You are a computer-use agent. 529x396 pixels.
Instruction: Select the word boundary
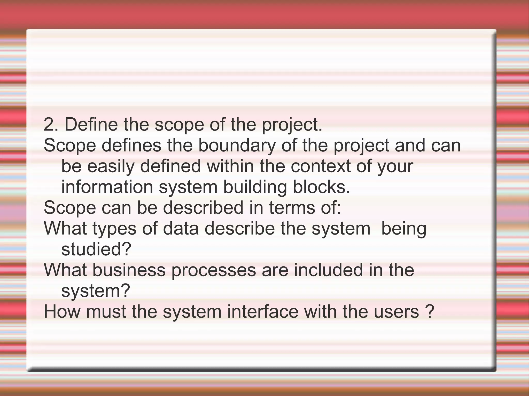coord(237,146)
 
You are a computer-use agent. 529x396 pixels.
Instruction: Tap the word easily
coord(111,166)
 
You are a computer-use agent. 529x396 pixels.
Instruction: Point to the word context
coord(321,166)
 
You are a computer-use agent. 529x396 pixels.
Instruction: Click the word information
coord(107,187)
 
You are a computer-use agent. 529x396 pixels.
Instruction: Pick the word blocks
coord(321,187)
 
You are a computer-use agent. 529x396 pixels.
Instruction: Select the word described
coord(203,208)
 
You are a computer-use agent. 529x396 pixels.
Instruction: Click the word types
coord(114,229)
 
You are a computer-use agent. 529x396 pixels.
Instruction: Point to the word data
coord(181,229)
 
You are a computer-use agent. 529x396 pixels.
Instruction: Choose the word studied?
coord(96,249)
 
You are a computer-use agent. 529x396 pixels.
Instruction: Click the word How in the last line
coord(62,312)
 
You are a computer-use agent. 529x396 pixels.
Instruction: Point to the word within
coord(230,166)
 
